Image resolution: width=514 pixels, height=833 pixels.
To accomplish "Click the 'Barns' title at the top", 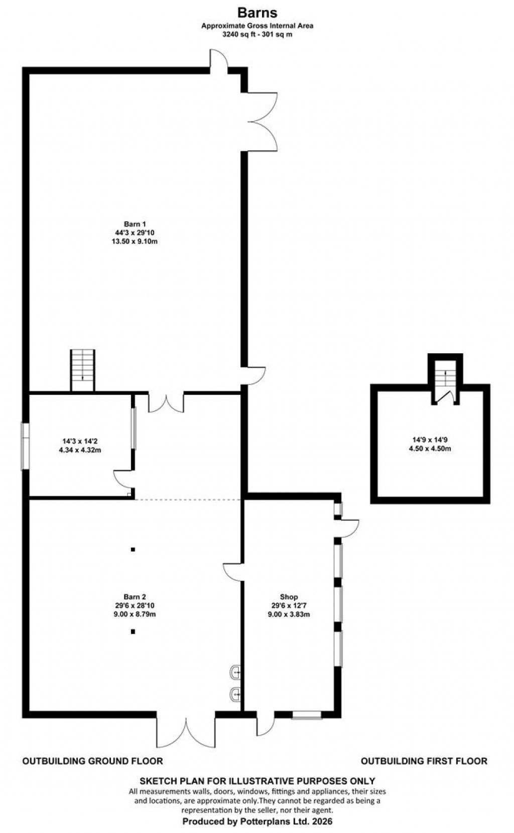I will tap(257, 12).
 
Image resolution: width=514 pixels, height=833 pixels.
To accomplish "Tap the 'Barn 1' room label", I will tap(135, 224).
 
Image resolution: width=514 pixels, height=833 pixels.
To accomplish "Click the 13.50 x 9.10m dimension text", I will tap(135, 241).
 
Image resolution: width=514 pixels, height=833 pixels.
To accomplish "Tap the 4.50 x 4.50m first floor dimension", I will tap(430, 449).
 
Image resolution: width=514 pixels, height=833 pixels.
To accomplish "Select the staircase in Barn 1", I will tap(82, 370).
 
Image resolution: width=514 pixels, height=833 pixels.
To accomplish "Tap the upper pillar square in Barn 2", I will tap(133, 550).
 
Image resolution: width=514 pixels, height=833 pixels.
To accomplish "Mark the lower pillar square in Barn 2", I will tap(133, 632).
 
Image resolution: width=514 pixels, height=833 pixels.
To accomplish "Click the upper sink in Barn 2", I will tap(235, 672).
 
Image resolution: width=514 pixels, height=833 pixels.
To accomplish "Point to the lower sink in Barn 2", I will tap(235, 694).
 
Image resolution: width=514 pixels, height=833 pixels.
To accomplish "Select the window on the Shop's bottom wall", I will tap(307, 714).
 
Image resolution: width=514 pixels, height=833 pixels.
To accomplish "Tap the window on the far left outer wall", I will tap(25, 446).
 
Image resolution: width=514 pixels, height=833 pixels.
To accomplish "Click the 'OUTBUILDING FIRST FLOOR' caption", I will tap(424, 761).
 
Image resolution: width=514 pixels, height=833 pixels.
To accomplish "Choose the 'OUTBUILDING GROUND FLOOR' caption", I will tap(93, 761).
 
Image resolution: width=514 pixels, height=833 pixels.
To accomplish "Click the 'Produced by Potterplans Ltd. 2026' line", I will tap(257, 821).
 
